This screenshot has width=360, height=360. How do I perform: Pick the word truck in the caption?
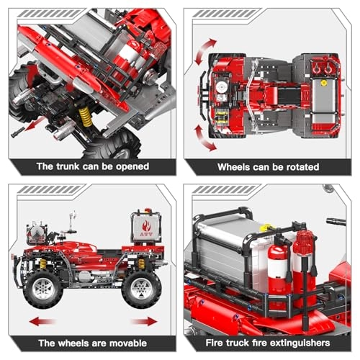click(235, 343)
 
